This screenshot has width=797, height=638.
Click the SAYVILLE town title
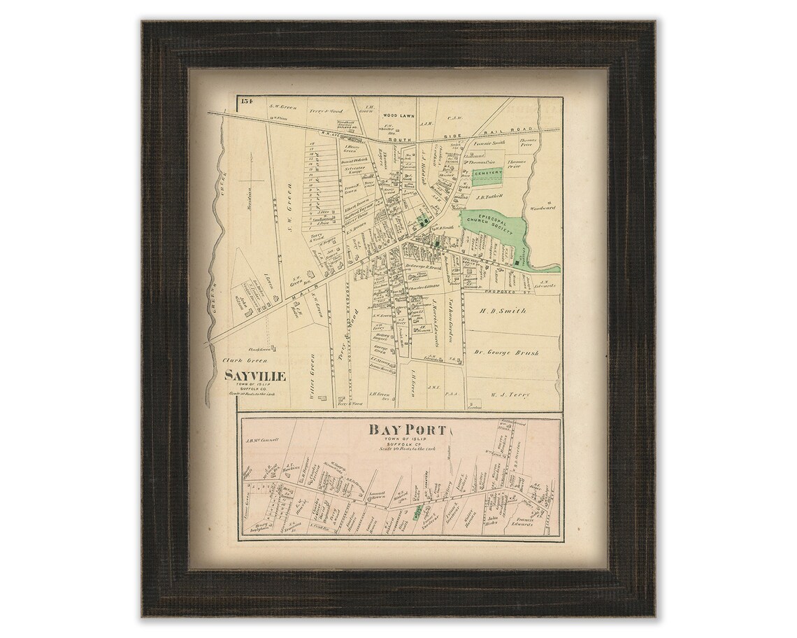click(254, 376)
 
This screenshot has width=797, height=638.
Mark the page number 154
click(243, 102)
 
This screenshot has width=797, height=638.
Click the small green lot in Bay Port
click(417, 514)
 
